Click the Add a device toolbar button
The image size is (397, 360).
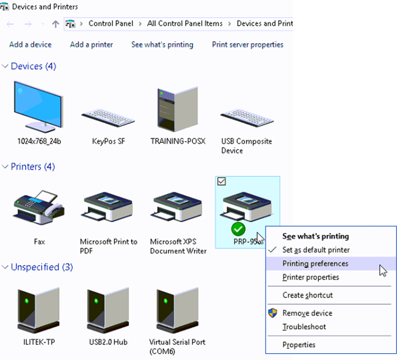[x=30, y=44]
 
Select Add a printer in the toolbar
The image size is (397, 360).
[x=91, y=44]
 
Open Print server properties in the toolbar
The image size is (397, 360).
[x=248, y=44]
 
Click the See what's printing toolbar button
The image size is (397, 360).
[x=162, y=44]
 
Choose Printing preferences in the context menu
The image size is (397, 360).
[x=315, y=264]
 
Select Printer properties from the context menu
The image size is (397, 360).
[x=310, y=277]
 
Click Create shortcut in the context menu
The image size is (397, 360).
[x=307, y=295]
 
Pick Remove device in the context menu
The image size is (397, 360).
[x=307, y=313]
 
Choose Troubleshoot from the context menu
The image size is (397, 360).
[x=304, y=327]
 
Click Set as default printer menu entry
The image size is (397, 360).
[x=316, y=250]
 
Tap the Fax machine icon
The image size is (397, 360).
[x=39, y=207]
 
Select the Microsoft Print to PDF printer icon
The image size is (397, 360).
[x=108, y=207]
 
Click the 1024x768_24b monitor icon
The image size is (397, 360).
[x=38, y=107]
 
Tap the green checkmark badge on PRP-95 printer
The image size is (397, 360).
[x=238, y=229]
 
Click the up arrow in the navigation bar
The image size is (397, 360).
[x=55, y=24]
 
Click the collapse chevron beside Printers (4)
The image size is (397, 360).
[x=5, y=167]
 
